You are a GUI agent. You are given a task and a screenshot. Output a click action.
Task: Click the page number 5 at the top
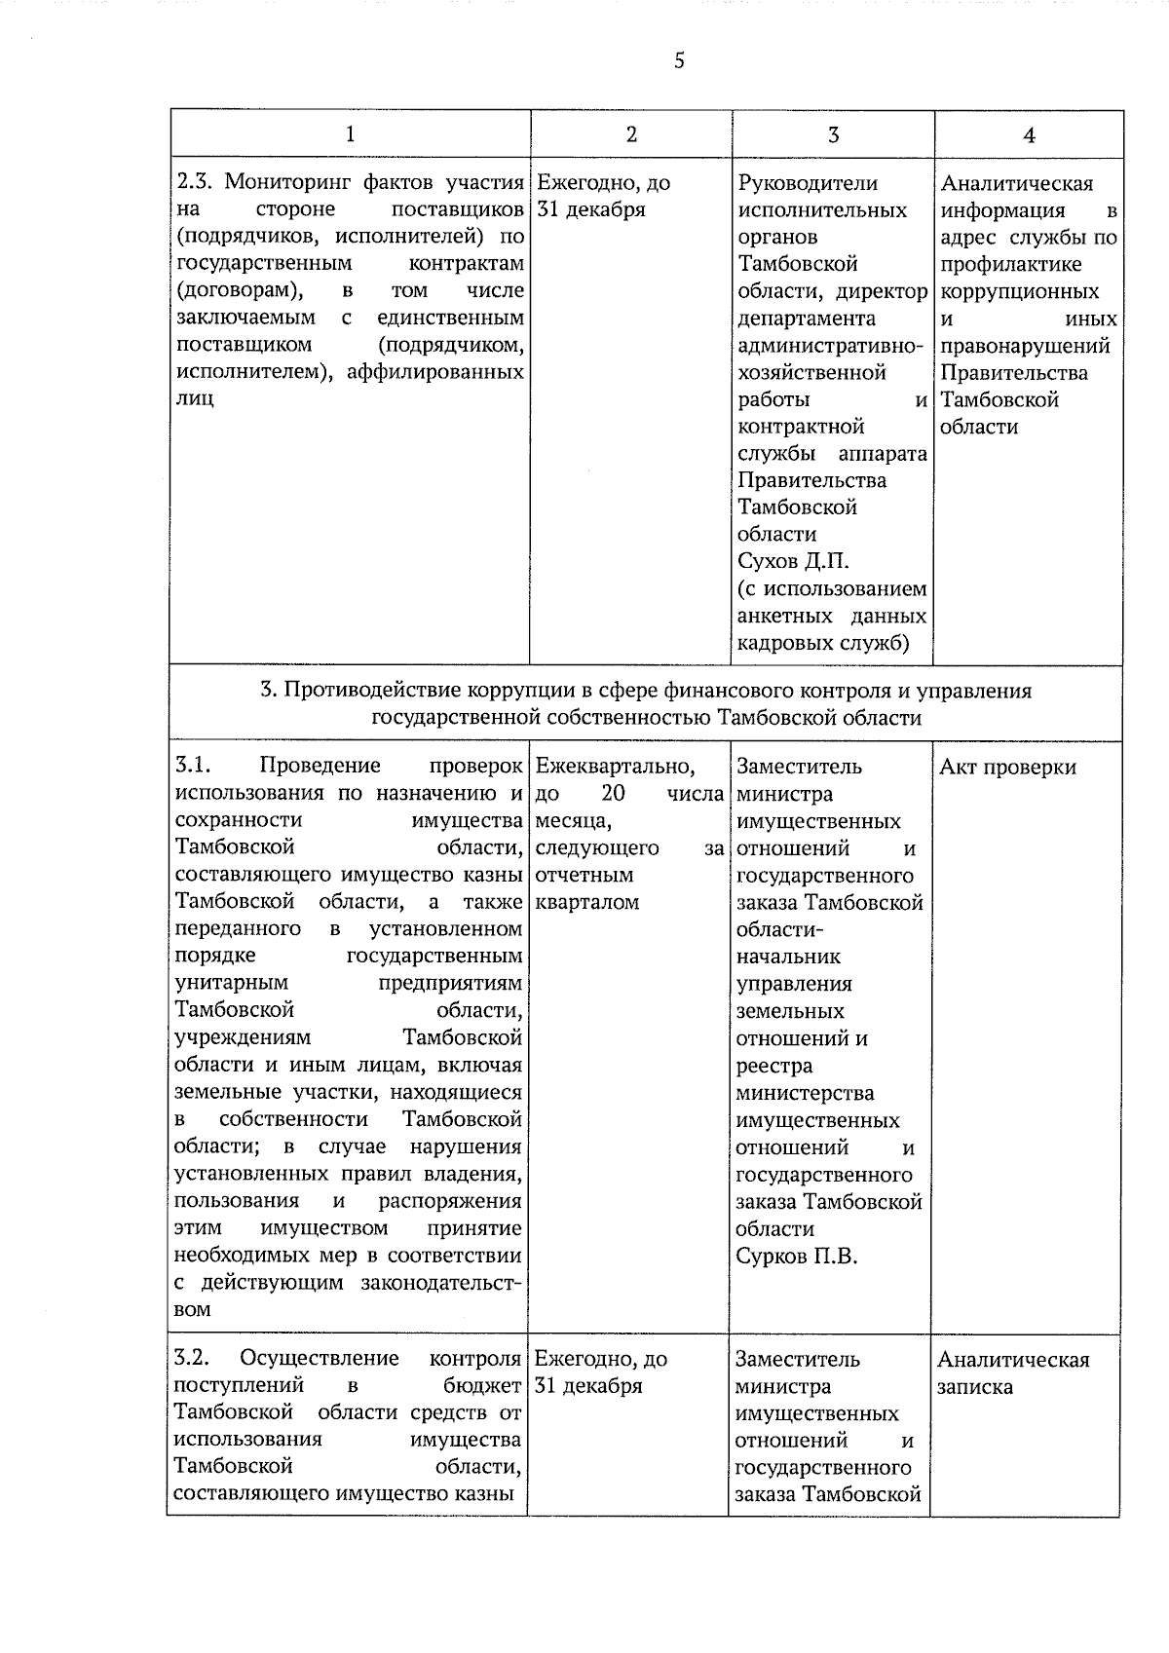coord(679,61)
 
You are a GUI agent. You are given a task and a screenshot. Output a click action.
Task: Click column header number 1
coord(350,134)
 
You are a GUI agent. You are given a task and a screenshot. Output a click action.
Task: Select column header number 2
coord(631,134)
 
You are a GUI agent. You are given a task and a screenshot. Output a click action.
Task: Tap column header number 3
coord(833,134)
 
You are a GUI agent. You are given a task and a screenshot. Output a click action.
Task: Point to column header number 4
coord(1029,134)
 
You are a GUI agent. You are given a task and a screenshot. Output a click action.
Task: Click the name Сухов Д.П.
coord(793,562)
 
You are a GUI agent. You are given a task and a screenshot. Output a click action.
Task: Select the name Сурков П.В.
coord(797,1257)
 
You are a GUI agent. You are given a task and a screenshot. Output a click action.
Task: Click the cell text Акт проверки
coord(1007,768)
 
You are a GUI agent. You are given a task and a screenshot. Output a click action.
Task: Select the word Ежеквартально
coord(615,767)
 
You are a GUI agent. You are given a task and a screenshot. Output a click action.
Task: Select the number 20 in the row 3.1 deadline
coord(614,794)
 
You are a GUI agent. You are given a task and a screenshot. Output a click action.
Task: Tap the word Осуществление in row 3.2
coord(320,1359)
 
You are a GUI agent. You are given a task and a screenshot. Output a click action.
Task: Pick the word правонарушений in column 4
coord(1025,346)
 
